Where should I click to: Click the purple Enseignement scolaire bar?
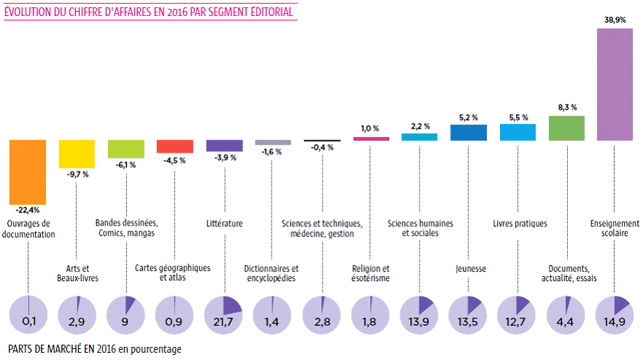tap(615, 85)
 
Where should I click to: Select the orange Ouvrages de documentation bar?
tap(27, 172)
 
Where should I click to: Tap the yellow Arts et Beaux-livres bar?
tap(77, 154)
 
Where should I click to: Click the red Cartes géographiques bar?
tap(175, 146)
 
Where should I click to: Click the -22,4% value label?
tap(27, 210)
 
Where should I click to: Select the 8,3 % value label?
tap(567, 107)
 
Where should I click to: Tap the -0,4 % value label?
tap(322, 148)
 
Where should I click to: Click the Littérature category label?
tap(225, 223)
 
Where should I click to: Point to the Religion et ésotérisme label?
tap(371, 273)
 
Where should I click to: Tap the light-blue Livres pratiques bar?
tap(518, 131)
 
